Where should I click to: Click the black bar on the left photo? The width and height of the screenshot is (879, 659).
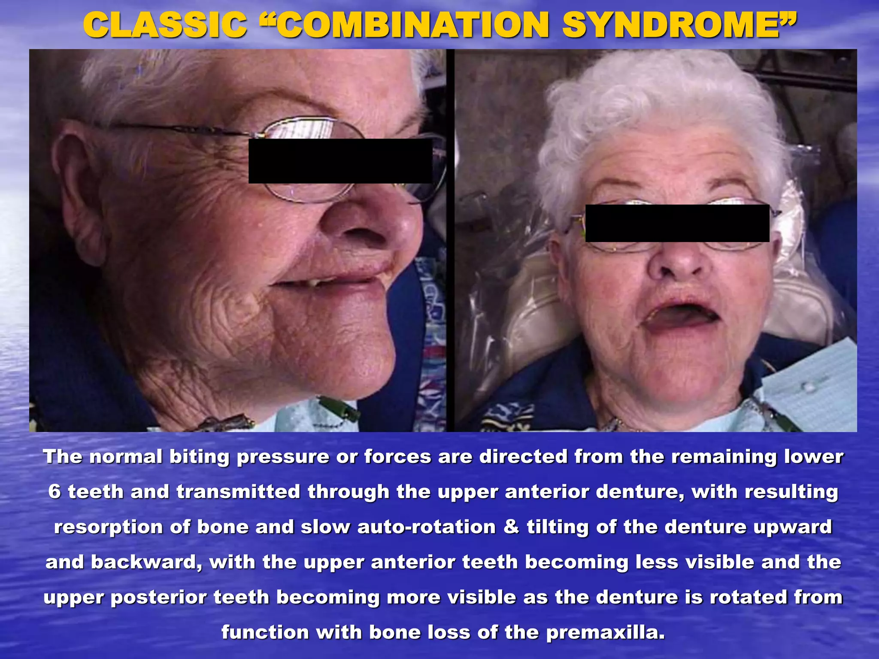pos(340,161)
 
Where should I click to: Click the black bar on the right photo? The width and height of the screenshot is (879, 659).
pos(677,223)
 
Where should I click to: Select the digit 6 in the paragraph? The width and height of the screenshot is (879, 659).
pos(55,492)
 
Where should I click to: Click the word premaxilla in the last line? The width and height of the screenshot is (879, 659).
pos(605,632)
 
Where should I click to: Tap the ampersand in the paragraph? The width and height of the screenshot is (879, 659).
pos(511,527)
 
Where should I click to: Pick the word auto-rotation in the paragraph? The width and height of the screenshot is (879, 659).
pos(426,527)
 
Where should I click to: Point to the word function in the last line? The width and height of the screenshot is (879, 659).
pos(265,632)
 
